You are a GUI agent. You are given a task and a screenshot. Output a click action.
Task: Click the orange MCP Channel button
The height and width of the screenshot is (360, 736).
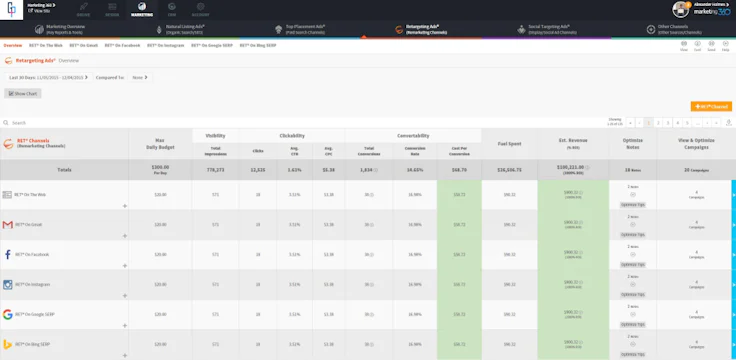point(711,106)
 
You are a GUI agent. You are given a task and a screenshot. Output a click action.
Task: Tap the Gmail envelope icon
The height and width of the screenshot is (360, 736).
point(8,225)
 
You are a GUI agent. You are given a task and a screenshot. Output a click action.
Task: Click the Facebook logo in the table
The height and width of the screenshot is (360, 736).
point(8,255)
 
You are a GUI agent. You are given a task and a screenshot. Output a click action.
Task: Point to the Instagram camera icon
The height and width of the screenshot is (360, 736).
point(8,285)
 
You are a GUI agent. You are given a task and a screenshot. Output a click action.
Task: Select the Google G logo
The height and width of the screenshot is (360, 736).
point(8,315)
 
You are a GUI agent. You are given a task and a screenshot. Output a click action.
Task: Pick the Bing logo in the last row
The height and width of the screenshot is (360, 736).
point(8,345)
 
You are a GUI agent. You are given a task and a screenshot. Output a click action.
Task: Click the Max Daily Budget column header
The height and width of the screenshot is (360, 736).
point(160,143)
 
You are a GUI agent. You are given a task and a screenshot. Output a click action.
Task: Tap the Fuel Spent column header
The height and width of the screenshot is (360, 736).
point(509,143)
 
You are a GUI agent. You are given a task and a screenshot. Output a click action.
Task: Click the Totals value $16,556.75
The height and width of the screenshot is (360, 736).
point(509,170)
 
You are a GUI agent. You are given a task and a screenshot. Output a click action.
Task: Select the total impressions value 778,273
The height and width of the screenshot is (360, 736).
point(215,170)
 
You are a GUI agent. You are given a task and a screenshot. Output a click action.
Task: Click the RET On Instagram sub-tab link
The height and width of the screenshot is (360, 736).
point(166,46)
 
